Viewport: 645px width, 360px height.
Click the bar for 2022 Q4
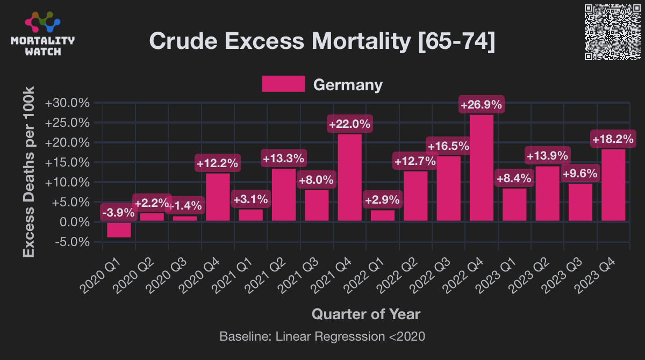pyautogui.click(x=482, y=168)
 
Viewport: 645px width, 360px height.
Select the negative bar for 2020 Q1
pyautogui.click(x=119, y=229)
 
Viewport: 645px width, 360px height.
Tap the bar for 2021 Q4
pyautogui.click(x=349, y=177)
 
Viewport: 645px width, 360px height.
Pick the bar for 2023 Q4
pyautogui.click(x=613, y=185)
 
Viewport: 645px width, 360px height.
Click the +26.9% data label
pyautogui.click(x=482, y=104)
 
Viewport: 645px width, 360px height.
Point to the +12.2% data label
pyautogui.click(x=218, y=163)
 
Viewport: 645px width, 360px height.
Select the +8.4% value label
pyautogui.click(x=514, y=178)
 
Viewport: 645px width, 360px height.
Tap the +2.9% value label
pyautogui.click(x=382, y=200)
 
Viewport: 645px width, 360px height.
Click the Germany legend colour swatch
pyautogui.click(x=283, y=84)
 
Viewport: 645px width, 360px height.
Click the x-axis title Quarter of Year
pyautogui.click(x=366, y=314)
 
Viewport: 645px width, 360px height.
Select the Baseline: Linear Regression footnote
pyautogui.click(x=322, y=337)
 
